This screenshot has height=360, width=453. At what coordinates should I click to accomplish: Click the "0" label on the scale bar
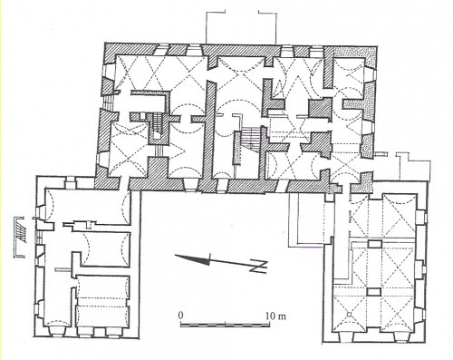[x=180, y=316]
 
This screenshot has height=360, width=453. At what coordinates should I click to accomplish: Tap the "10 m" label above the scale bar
[x=275, y=316]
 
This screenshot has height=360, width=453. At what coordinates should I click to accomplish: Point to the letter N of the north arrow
[x=260, y=267]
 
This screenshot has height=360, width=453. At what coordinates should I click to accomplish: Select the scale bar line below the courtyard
[x=225, y=325]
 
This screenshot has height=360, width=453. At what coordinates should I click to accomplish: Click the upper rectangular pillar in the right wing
[x=374, y=244]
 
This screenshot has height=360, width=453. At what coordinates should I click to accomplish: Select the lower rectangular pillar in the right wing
[x=374, y=291]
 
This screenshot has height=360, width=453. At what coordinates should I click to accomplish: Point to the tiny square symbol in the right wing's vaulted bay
[x=350, y=315]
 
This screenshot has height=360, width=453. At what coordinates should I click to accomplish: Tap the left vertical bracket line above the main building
[x=206, y=27]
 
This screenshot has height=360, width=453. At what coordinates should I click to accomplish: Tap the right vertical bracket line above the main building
[x=276, y=28]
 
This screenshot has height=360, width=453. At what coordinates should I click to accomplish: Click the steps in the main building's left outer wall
[x=107, y=102]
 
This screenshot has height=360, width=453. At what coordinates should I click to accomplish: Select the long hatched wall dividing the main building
[x=210, y=130]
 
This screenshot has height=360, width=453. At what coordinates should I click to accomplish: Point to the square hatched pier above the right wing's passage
[x=320, y=109]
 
